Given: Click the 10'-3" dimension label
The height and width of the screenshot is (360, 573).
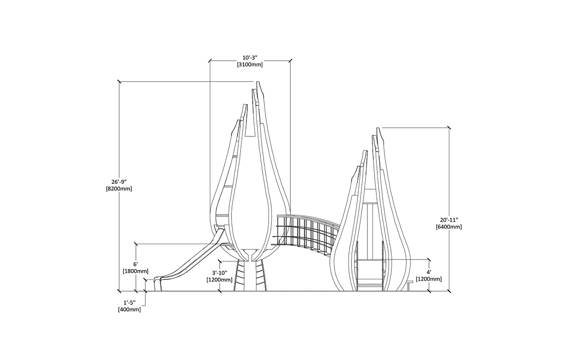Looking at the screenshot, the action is click(250, 58).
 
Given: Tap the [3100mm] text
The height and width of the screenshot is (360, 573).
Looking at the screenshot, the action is click(250, 65).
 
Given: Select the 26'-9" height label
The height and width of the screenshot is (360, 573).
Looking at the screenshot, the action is click(119, 182).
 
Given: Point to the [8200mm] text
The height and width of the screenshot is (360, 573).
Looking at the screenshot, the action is click(119, 189).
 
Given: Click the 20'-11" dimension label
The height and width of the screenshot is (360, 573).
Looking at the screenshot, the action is click(449, 220).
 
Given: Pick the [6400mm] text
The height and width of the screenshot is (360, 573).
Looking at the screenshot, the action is click(449, 227).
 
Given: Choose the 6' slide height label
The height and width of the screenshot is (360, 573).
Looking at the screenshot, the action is click(135, 264).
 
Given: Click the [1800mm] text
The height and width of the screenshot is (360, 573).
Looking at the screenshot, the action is click(135, 271).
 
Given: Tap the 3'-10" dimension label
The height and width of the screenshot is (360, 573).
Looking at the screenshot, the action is click(220, 273).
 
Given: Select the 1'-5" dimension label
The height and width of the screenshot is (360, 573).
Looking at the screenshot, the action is click(130, 303).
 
